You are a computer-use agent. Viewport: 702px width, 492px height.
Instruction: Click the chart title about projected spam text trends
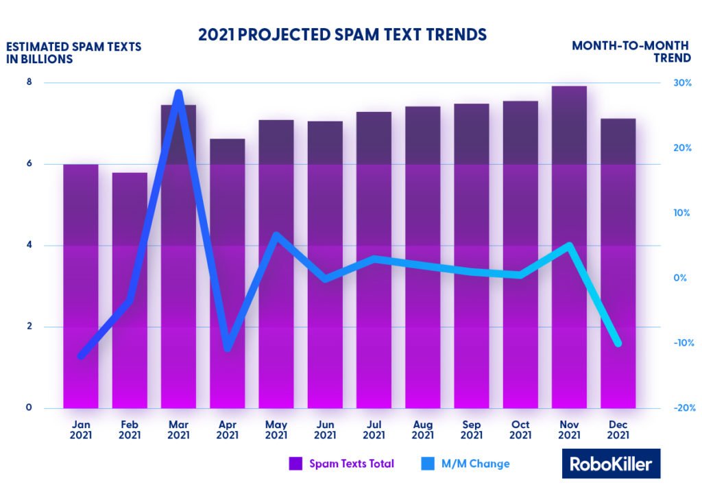point(343,34)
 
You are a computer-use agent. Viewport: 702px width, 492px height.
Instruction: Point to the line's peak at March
point(178,93)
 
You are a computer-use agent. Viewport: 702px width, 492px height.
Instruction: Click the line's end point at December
point(618,343)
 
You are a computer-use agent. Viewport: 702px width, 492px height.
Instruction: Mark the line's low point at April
point(228,349)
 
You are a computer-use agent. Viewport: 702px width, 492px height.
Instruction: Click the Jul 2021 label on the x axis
point(374,430)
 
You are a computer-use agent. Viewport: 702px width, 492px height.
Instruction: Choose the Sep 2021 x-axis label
point(471,430)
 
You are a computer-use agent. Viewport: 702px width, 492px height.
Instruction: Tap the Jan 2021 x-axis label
point(81,430)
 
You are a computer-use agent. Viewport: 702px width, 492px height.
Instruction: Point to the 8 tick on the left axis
point(29,82)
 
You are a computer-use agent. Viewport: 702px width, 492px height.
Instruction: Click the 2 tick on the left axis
point(29,327)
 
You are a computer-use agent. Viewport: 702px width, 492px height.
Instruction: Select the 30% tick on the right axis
point(681,82)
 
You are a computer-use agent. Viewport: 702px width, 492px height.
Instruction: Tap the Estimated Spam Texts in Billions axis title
point(73,53)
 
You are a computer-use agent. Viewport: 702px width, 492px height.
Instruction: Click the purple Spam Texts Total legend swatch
point(295,464)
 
